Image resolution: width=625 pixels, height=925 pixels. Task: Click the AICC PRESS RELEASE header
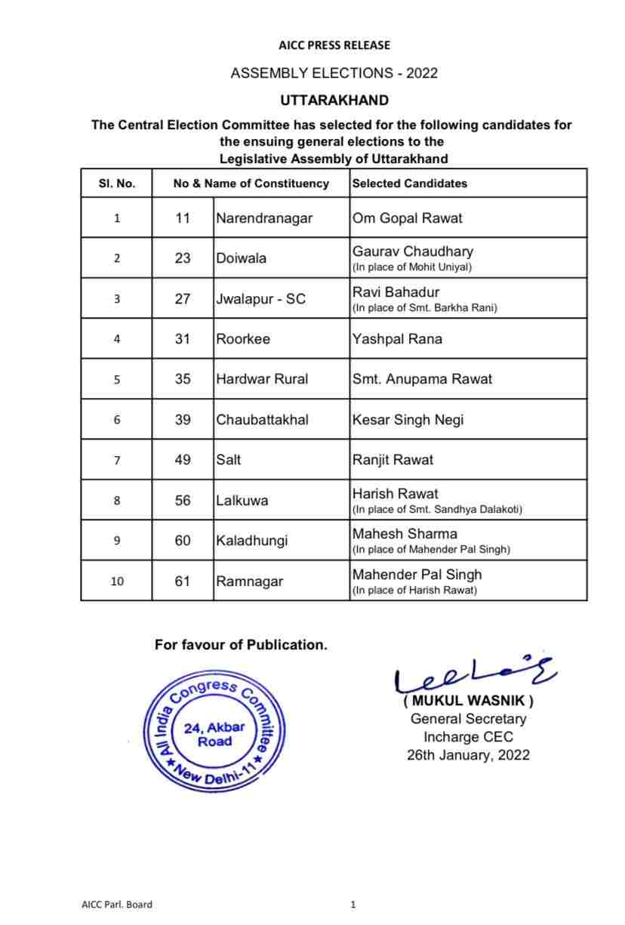pyautogui.click(x=334, y=45)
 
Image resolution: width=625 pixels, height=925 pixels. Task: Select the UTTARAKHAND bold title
pyautogui.click(x=334, y=100)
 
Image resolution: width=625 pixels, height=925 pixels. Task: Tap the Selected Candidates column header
pyautogui.click(x=410, y=183)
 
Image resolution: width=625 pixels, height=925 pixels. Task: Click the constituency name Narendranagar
pyautogui.click(x=264, y=218)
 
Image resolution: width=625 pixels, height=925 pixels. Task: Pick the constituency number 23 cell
pyautogui.click(x=183, y=258)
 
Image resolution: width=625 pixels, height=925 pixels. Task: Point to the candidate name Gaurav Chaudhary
pyautogui.click(x=413, y=251)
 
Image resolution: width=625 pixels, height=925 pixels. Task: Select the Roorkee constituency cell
pyautogui.click(x=243, y=339)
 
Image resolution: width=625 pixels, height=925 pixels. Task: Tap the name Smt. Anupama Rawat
pyautogui.click(x=422, y=379)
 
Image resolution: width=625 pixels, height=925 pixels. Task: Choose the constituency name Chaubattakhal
pyautogui.click(x=262, y=420)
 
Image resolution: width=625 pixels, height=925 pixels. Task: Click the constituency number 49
pyautogui.click(x=183, y=460)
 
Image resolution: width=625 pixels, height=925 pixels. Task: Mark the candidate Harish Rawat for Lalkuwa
pyautogui.click(x=395, y=494)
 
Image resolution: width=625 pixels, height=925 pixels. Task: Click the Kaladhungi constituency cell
pyautogui.click(x=251, y=541)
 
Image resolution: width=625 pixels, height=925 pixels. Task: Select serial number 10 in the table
pyautogui.click(x=116, y=581)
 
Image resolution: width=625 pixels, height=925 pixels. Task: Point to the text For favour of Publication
pyautogui.click(x=241, y=645)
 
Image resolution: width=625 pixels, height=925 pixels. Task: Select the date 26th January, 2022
pyautogui.click(x=468, y=754)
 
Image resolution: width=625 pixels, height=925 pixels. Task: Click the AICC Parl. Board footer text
pyautogui.click(x=116, y=904)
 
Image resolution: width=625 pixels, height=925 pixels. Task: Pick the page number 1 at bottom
pyautogui.click(x=353, y=904)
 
